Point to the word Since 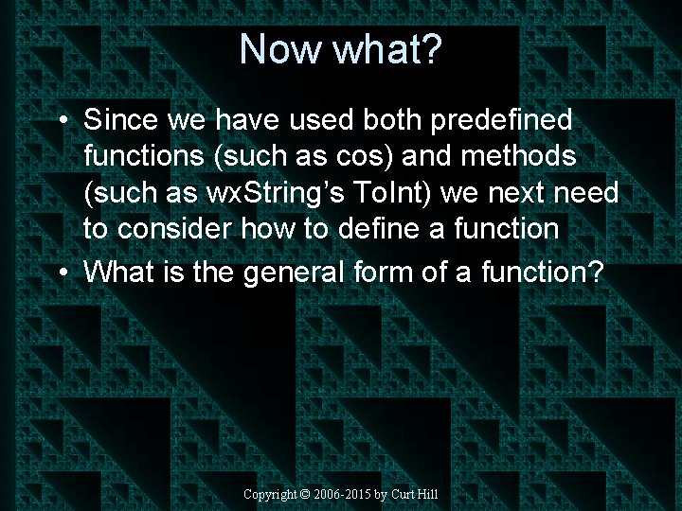click(120, 120)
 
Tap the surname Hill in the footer click(428, 495)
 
